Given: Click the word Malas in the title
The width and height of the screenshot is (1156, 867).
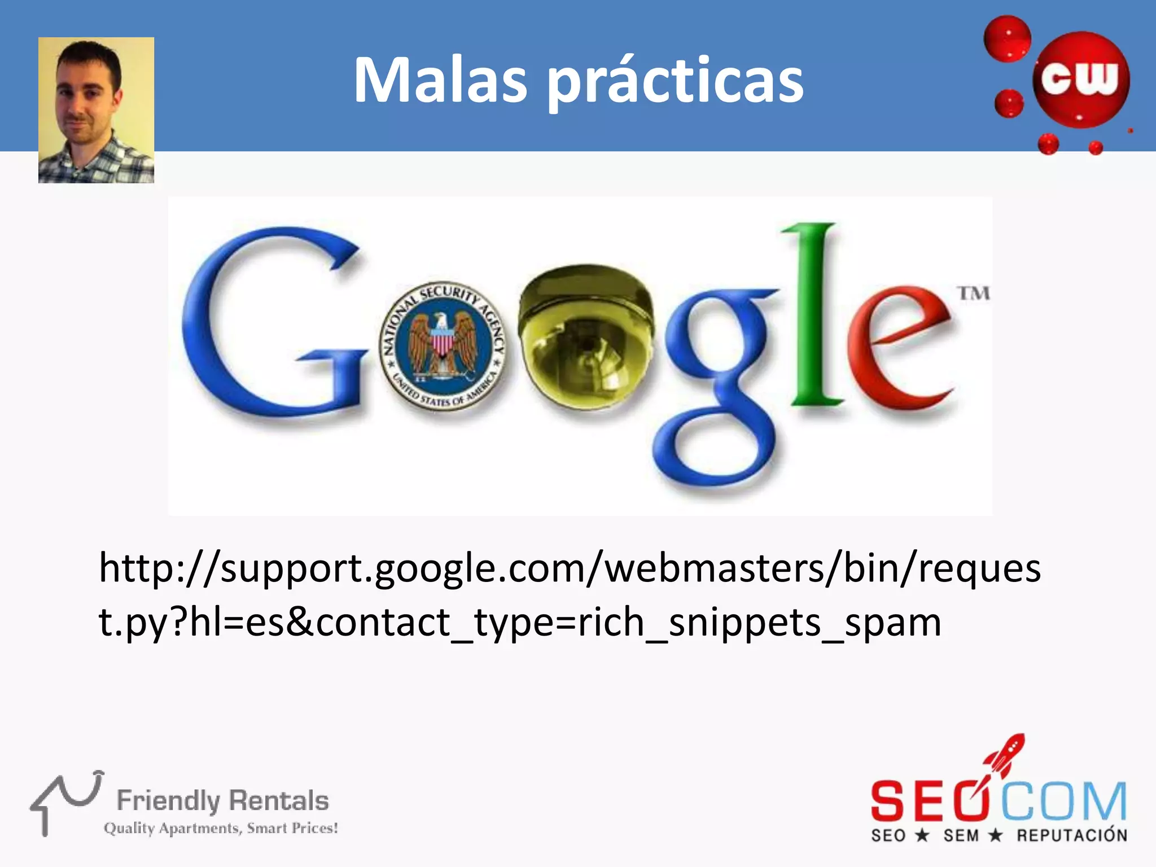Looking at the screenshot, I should pos(440,80).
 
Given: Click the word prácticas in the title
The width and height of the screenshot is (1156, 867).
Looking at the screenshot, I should pos(676,82).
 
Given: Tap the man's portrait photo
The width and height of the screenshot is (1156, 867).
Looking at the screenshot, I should pos(96,110).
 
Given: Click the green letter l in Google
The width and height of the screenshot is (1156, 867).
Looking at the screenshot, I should pos(813,316).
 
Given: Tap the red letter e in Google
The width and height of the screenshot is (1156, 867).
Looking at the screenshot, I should pos(897,350).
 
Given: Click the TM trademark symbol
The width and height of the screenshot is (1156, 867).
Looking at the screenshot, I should pos(974,294).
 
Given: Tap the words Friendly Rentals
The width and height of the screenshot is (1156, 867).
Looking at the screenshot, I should pos(222,800).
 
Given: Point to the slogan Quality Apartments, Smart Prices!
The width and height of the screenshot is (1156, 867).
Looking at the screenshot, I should pos(221,828).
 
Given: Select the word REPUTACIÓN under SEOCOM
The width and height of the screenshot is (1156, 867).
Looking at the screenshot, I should pos(1072,835).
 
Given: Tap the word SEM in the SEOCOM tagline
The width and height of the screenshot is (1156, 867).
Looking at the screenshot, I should pos(961,835).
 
